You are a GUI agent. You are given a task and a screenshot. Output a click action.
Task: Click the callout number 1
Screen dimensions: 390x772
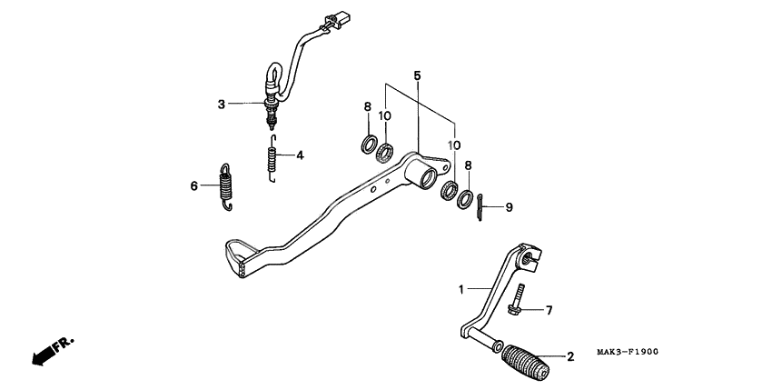(461, 289)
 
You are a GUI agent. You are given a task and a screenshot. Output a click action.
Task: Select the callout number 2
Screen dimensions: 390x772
(570, 357)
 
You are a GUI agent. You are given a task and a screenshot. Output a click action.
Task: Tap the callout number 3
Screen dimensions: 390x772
(221, 105)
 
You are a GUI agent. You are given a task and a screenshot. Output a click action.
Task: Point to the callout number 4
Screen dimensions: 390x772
(299, 155)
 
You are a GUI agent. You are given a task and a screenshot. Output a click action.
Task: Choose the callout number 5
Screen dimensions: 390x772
(417, 75)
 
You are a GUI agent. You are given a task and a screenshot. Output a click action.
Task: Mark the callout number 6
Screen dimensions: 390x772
(193, 186)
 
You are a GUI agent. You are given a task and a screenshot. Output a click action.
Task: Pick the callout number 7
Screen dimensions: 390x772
(549, 311)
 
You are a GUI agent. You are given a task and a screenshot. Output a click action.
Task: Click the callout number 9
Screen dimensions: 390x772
(509, 207)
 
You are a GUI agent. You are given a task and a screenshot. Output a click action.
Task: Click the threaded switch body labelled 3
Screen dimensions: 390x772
(270, 112)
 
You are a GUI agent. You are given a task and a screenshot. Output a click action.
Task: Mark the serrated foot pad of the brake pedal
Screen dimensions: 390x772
(240, 255)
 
